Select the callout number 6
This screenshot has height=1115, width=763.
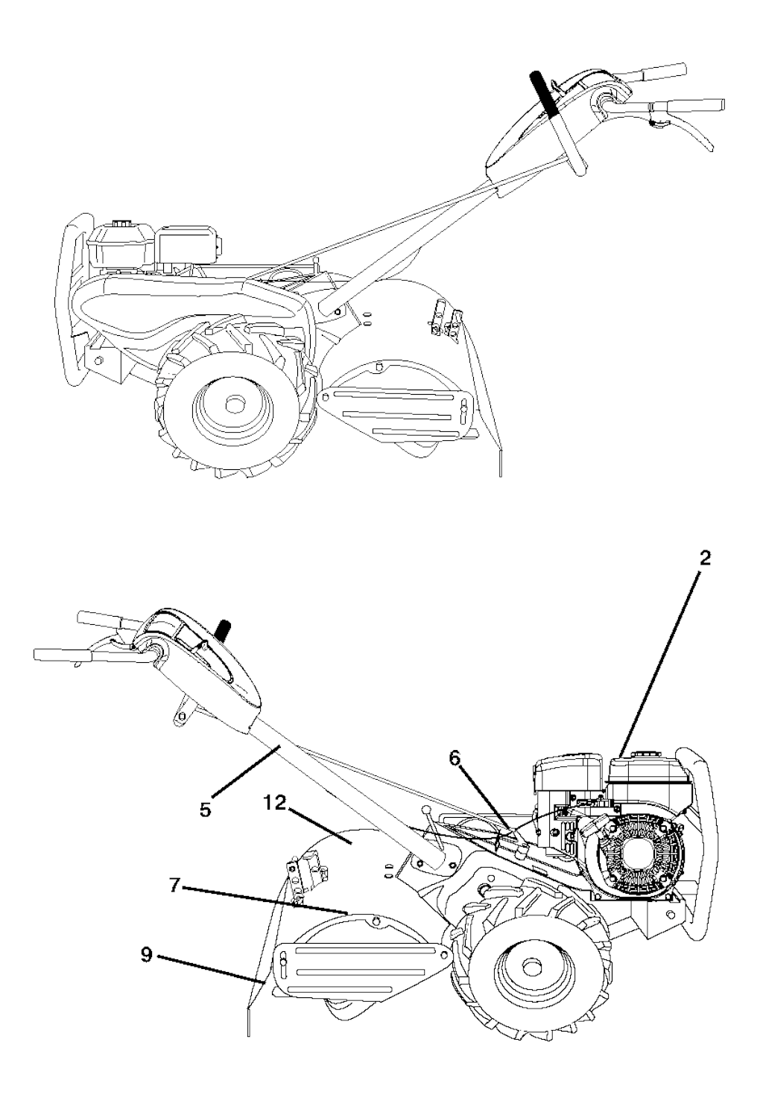455,760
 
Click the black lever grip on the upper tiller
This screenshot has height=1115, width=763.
543,94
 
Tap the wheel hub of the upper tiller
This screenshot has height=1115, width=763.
233,405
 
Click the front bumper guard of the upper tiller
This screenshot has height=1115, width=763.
74,299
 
